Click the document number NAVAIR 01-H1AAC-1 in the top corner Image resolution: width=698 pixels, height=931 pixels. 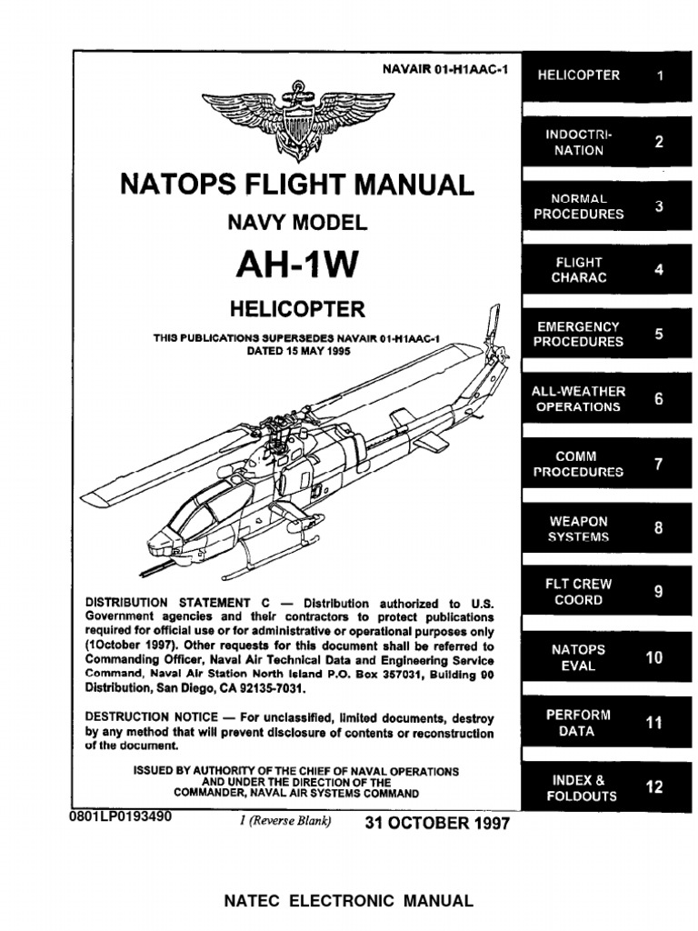(x=443, y=69)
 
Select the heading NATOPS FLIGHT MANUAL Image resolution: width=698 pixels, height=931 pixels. (x=297, y=185)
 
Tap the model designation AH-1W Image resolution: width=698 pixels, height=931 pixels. (x=296, y=264)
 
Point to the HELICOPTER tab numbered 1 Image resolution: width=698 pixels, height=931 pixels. (x=604, y=75)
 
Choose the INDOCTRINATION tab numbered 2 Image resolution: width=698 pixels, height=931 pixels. (x=604, y=143)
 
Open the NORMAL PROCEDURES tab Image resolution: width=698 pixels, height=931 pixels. (x=604, y=206)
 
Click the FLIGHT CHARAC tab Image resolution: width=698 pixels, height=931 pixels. (x=604, y=270)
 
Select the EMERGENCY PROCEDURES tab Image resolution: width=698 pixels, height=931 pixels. (x=604, y=334)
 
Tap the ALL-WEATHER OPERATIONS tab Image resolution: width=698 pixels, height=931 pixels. (x=604, y=398)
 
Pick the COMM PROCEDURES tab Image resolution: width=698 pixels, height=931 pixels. (x=604, y=464)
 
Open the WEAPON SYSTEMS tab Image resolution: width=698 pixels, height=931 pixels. (x=604, y=529)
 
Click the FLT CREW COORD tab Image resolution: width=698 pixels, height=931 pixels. (x=604, y=592)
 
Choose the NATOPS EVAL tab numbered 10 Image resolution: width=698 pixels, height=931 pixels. (x=604, y=657)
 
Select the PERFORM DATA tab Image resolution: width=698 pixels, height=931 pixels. (x=604, y=723)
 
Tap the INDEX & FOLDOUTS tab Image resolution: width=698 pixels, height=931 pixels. (x=604, y=787)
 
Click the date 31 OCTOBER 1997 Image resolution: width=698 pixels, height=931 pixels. (x=437, y=824)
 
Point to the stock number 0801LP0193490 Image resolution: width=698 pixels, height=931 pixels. (x=119, y=816)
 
